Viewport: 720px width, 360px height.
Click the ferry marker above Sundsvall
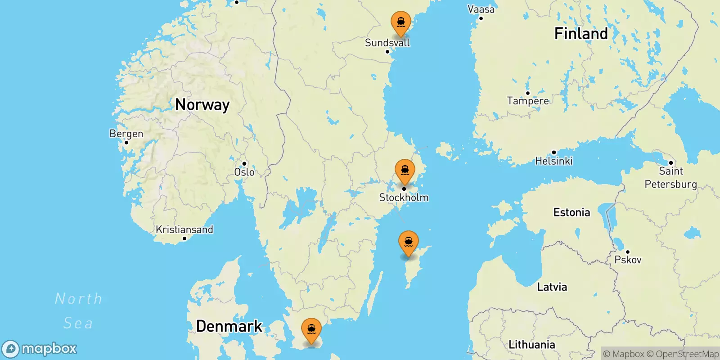400,22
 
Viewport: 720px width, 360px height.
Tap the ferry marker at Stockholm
405,171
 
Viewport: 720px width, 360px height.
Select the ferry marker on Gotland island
408,243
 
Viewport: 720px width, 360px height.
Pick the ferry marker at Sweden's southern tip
311,330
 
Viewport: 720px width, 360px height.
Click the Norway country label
202,105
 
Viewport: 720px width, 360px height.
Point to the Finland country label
580,34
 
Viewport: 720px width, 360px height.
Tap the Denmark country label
229,326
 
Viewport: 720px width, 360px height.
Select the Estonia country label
571,212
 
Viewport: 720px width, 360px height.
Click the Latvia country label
552,287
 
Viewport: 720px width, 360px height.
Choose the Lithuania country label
531,345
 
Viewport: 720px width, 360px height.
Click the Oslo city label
244,172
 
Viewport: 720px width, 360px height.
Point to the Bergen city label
126,134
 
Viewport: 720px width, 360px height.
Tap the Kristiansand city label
184,229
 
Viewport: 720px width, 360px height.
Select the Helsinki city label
553,161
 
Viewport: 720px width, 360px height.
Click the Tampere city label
528,101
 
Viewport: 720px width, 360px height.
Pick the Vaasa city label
481,9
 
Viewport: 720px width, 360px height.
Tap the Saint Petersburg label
670,177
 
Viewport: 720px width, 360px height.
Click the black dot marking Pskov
627,252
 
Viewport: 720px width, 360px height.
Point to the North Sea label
78,310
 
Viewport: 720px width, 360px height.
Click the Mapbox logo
40,349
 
